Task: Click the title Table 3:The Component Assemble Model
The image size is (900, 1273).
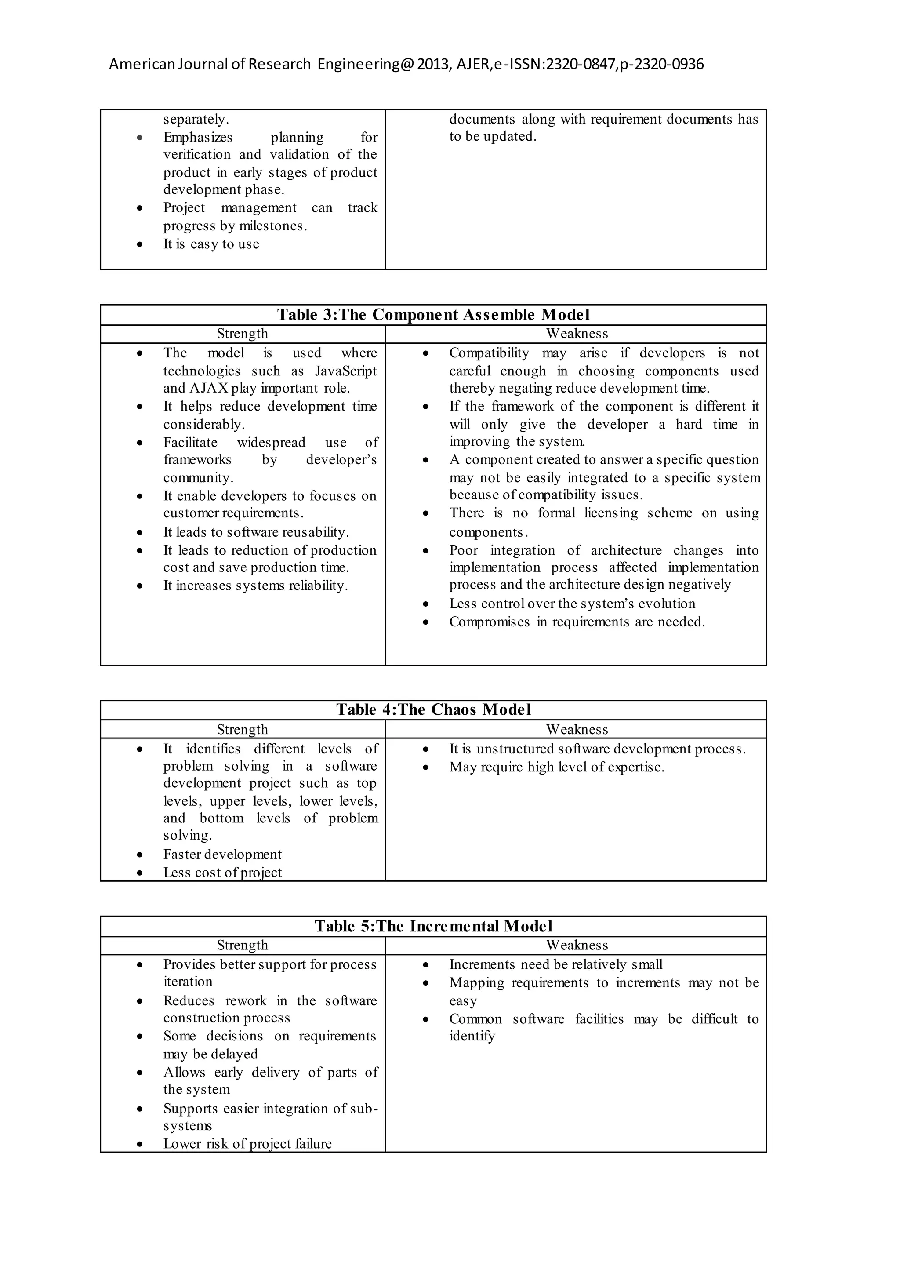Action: tap(433, 315)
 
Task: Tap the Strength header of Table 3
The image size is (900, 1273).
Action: tap(242, 334)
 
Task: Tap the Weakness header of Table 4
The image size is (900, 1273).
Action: tap(577, 730)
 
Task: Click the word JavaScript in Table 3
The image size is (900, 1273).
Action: tap(346, 371)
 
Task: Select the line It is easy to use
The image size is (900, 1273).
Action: tap(211, 244)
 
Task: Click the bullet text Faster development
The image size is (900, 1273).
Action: tap(222, 855)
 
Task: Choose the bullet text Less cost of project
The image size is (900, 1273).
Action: tap(222, 873)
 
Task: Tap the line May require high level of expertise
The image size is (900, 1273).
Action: tap(556, 767)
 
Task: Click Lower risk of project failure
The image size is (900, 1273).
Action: tap(247, 1144)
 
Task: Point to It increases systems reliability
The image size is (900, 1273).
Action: tap(255, 586)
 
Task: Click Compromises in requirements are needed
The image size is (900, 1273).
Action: tap(577, 622)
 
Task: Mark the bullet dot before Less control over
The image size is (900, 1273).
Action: tap(426, 604)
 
